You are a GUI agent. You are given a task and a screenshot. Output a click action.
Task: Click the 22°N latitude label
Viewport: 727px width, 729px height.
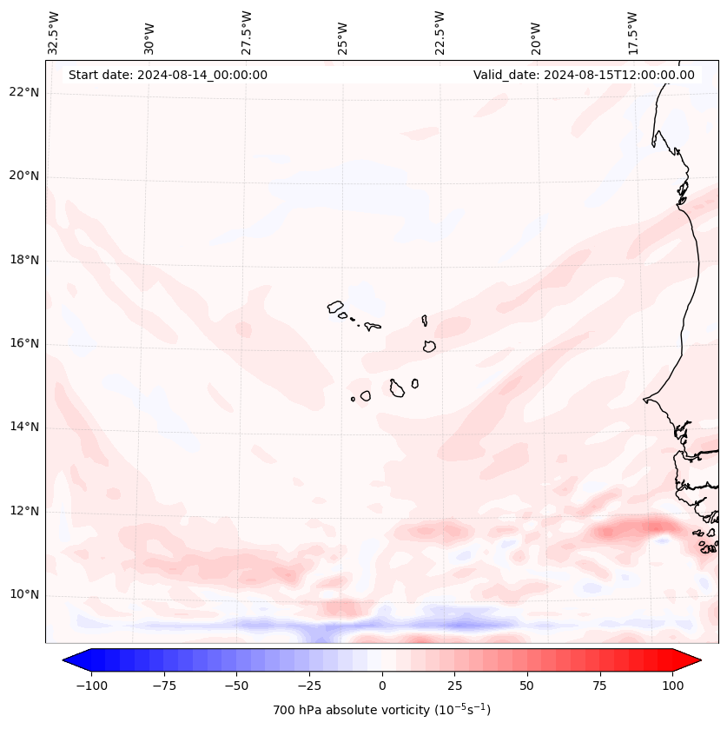tap(24, 93)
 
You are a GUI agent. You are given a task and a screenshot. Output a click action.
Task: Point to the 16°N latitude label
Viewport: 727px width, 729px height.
tap(24, 344)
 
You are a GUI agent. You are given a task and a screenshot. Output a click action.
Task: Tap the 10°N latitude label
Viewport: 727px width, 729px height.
tap(24, 595)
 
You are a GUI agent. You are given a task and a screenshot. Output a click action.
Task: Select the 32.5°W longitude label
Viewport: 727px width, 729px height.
tap(54, 32)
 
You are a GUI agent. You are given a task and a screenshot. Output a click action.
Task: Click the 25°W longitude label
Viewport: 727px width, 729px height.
tap(343, 32)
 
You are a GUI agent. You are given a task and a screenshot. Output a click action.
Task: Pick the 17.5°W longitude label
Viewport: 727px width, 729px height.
tap(632, 32)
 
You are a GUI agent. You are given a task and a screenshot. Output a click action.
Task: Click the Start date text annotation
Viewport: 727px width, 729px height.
tap(168, 75)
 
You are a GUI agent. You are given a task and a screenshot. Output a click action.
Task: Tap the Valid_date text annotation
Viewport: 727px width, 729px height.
tap(584, 75)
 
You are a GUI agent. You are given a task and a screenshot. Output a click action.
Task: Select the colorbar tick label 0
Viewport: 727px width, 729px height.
tap(382, 686)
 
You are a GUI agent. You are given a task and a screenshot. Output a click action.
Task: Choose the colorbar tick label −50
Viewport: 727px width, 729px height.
tap(235, 686)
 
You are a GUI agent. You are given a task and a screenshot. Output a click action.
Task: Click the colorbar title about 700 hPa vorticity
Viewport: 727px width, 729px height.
tap(381, 711)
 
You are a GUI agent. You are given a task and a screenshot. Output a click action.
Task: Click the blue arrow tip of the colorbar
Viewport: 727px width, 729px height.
tap(69, 660)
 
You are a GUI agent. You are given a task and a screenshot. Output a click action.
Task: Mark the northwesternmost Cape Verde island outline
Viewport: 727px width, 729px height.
tap(335, 307)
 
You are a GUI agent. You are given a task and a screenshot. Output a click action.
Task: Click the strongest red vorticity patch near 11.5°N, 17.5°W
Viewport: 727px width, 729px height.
tap(638, 527)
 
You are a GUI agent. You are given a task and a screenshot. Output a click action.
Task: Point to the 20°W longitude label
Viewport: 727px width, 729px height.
tap(536, 32)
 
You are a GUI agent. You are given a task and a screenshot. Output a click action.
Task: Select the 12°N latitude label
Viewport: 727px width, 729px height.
tap(24, 512)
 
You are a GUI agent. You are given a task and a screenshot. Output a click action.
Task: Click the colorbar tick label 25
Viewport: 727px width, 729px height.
tap(454, 686)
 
